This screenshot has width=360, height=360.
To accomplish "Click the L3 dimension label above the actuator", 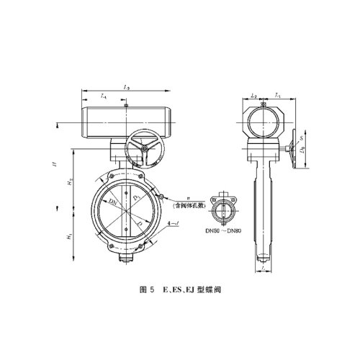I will point(126,87).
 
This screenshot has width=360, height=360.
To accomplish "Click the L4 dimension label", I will point(104,96).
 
